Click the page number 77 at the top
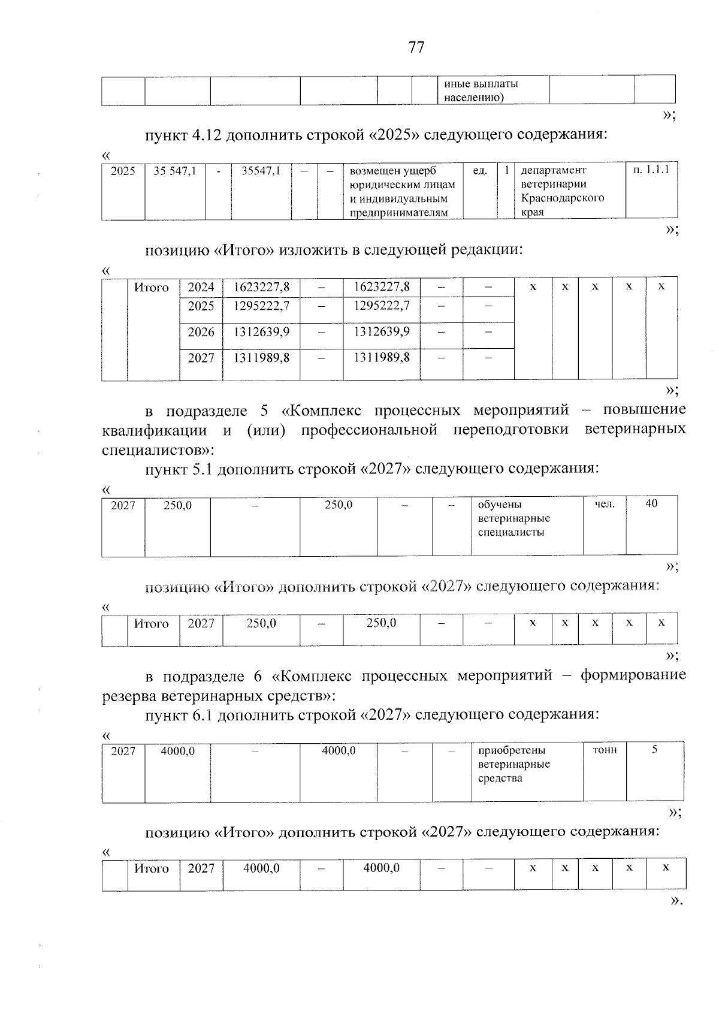416,47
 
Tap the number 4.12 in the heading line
207,135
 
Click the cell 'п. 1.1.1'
651,170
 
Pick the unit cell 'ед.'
479,171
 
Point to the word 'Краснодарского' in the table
562,198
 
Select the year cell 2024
201,287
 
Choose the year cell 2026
201,332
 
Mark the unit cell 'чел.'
605,505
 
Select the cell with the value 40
651,504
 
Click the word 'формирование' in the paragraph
633,675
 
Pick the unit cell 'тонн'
605,750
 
